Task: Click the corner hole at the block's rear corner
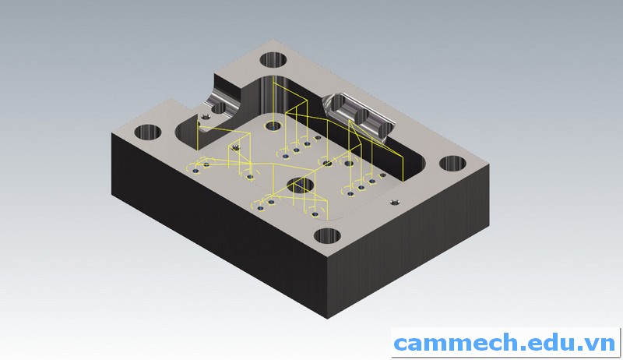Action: click(x=273, y=59)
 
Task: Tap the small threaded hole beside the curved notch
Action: click(x=206, y=117)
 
